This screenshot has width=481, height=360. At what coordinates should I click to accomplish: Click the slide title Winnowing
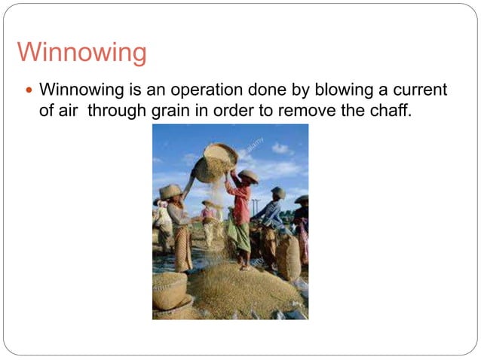81,53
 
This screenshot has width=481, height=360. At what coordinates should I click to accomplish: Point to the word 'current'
418,90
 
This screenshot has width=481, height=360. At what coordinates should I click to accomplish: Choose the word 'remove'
295,111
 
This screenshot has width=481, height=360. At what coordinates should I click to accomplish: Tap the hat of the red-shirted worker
248,175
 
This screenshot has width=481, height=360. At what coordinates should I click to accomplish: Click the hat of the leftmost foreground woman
171,191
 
